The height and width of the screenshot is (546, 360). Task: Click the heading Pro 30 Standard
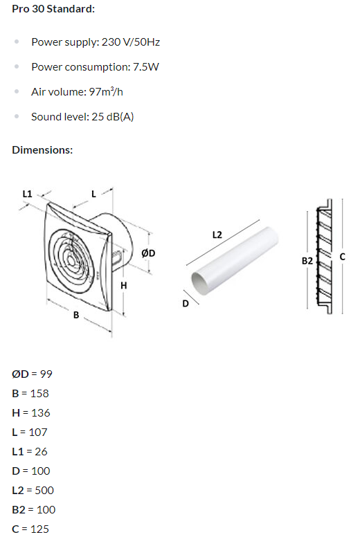53,9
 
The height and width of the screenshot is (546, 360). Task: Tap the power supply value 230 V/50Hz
131,42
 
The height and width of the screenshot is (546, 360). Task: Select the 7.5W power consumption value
146,67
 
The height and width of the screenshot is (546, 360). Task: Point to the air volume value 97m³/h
106,91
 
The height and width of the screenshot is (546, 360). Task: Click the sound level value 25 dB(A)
113,117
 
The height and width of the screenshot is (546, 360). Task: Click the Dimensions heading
42,150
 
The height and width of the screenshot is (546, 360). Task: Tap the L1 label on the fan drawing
27,194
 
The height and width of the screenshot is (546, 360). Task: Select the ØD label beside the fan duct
148,253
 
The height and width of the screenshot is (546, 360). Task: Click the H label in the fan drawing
124,286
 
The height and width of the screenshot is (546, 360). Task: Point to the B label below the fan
76,315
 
